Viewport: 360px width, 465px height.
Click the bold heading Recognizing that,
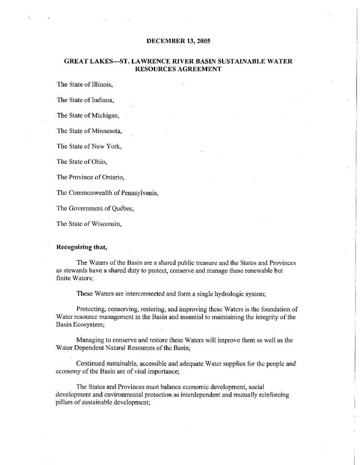(x=82, y=247)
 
